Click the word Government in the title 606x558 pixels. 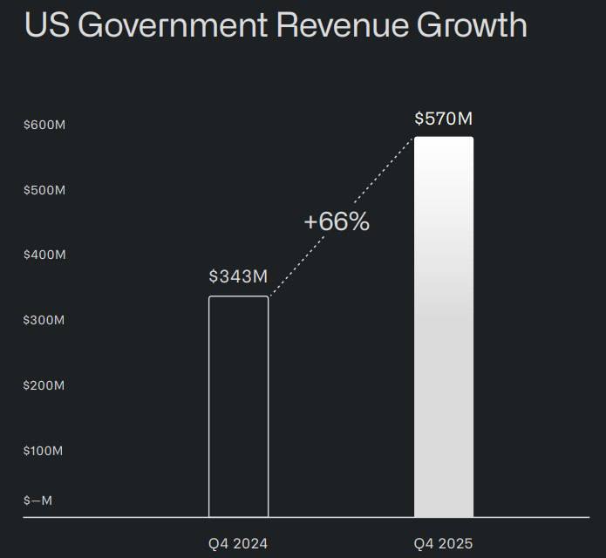(x=171, y=25)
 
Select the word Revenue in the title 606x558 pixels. (x=340, y=25)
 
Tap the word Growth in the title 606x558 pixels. (x=471, y=25)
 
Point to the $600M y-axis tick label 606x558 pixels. (x=44, y=125)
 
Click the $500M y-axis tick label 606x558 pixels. (x=44, y=190)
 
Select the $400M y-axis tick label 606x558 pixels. (x=44, y=255)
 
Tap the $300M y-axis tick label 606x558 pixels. (x=44, y=320)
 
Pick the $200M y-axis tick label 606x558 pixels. (x=44, y=385)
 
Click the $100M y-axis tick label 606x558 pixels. (x=44, y=451)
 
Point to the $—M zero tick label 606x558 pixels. (x=37, y=500)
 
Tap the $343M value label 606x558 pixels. (x=238, y=277)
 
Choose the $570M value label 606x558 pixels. (x=444, y=118)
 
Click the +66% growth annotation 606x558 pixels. (x=337, y=221)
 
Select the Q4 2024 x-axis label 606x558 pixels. (x=238, y=543)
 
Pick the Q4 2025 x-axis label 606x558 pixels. (x=444, y=543)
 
